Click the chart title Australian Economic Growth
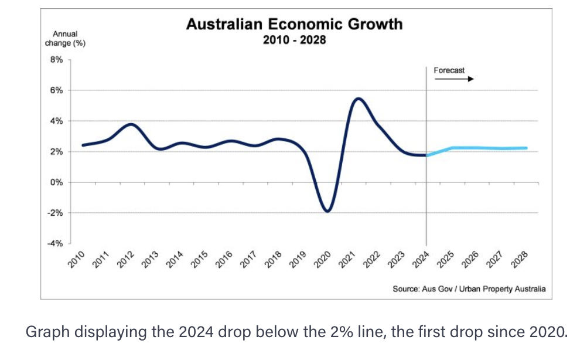click(x=294, y=24)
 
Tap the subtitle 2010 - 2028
click(x=294, y=40)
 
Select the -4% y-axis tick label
click(x=55, y=243)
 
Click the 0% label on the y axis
click(x=56, y=182)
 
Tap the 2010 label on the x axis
click(x=77, y=259)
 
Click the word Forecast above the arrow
click(x=449, y=70)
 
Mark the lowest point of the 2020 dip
click(x=327, y=211)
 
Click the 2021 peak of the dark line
click(x=359, y=99)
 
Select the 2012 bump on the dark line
click(x=131, y=124)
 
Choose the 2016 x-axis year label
click(x=224, y=259)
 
